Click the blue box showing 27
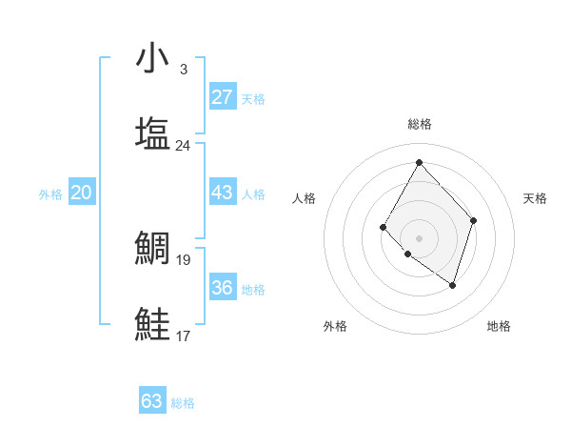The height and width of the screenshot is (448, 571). click(x=222, y=96)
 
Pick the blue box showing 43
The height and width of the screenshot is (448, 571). click(x=222, y=193)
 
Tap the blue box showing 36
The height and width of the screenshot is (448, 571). click(x=222, y=287)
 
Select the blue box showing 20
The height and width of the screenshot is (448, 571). click(x=82, y=193)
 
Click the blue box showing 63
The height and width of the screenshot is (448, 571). click(x=152, y=401)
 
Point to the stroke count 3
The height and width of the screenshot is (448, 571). click(x=183, y=70)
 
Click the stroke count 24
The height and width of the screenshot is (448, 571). click(x=183, y=146)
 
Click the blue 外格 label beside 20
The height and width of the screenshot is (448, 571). click(x=50, y=194)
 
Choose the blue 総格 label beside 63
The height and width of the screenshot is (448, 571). click(x=183, y=403)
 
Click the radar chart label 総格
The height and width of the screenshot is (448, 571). click(x=419, y=124)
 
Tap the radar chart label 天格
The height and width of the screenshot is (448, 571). click(x=535, y=198)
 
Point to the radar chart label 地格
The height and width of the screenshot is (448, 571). click(x=499, y=326)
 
